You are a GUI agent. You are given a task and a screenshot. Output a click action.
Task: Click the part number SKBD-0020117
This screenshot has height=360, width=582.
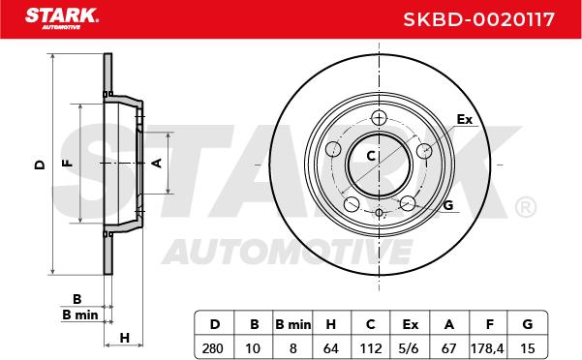478,19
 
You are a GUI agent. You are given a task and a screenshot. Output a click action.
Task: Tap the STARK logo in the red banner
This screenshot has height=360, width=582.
62,18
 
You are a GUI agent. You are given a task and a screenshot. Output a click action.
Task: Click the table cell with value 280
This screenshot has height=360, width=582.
213,348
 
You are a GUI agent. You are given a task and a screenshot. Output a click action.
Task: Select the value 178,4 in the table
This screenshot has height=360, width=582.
487,348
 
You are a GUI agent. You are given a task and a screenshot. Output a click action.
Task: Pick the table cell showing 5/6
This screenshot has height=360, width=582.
411,348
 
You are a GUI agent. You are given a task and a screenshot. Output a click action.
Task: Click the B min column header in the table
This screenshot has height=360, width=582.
292,324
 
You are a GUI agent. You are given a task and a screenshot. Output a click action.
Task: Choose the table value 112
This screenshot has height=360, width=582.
371,348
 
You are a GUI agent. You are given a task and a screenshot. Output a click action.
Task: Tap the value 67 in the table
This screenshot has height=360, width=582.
448,348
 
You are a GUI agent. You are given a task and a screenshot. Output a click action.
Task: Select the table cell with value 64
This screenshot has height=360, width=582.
331,348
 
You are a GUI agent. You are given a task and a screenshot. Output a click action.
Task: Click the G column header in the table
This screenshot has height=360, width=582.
528,324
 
